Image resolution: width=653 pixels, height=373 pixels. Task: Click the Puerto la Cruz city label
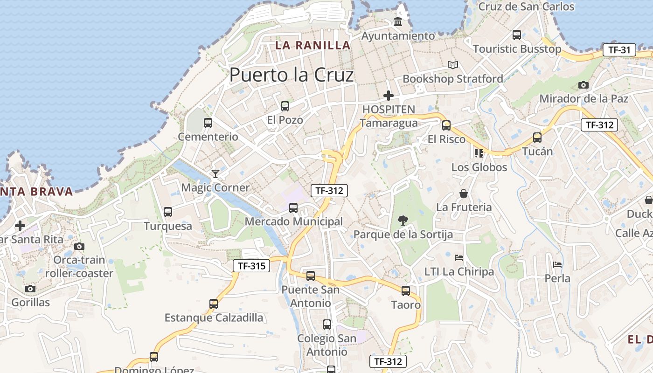click(292, 75)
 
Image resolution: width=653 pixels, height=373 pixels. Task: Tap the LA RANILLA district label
click(313, 45)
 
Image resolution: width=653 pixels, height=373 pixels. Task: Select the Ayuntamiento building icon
click(398, 22)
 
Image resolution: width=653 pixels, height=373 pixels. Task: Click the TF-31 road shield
click(619, 50)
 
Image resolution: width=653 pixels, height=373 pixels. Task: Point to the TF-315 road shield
click(251, 266)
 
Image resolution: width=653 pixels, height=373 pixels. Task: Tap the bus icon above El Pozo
click(285, 106)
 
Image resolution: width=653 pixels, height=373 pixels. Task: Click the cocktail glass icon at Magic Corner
click(215, 174)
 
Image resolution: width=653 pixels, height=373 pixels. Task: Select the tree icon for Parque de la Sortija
click(403, 220)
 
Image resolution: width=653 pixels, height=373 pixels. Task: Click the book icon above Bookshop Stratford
click(452, 65)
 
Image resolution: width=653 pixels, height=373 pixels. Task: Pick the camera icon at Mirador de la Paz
click(583, 85)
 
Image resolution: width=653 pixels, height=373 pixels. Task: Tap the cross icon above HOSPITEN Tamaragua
click(388, 96)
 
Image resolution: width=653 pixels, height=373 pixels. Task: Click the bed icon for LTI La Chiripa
click(459, 257)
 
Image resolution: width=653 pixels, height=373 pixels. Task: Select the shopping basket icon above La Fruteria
click(464, 193)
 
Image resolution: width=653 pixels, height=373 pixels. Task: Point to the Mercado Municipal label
click(293, 222)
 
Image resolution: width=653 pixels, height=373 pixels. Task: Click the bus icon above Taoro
click(406, 291)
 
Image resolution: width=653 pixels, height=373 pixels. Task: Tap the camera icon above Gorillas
click(30, 289)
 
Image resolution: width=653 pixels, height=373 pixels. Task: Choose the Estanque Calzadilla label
click(214, 318)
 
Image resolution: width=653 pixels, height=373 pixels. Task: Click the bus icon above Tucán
click(537, 138)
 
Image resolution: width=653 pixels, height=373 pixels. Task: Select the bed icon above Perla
click(557, 265)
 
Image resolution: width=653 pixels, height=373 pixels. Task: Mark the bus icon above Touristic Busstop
click(517, 35)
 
